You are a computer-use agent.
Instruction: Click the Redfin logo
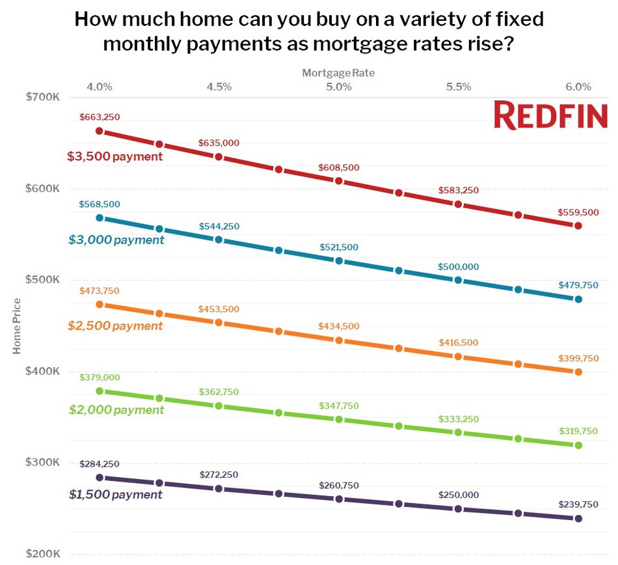(550, 115)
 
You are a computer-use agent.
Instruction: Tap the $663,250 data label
(100, 117)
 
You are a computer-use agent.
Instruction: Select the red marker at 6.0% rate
(578, 225)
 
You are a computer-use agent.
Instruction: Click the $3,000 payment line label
(116, 240)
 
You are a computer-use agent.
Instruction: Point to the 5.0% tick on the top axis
(339, 87)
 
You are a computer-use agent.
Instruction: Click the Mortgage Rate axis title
(338, 73)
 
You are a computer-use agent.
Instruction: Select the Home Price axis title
(17, 325)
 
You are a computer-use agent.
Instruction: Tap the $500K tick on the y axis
(43, 280)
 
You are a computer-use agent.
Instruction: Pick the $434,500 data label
(339, 326)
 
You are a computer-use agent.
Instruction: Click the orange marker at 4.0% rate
(100, 304)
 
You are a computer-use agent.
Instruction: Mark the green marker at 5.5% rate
(458, 432)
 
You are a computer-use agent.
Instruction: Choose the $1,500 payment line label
(115, 495)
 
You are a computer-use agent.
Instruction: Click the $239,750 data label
(578, 504)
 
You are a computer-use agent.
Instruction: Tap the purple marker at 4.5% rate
(219, 488)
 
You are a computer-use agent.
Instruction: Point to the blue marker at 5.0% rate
(339, 260)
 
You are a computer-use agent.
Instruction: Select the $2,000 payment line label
(116, 410)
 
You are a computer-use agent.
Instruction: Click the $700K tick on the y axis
(43, 97)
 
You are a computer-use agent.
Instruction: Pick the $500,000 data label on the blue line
(459, 267)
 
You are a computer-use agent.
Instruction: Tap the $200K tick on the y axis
(43, 554)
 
